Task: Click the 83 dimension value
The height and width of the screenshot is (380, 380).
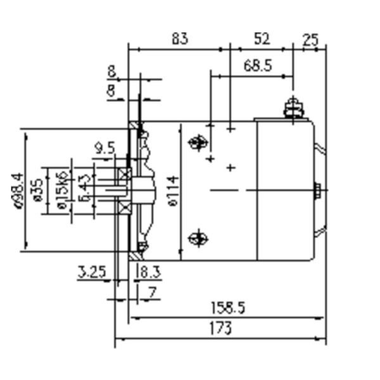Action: [x=180, y=39]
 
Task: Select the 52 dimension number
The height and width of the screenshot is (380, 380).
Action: [x=262, y=39]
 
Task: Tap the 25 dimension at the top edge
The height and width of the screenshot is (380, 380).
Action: [x=310, y=39]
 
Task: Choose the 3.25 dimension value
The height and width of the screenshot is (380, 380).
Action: [x=92, y=273]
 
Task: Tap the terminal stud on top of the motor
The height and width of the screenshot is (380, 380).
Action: [x=293, y=107]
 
